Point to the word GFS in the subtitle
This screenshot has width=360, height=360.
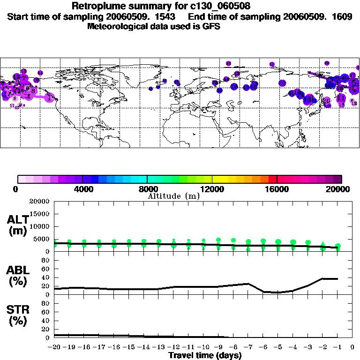tap(211, 26)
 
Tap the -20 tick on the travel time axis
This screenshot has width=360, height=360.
tap(54, 347)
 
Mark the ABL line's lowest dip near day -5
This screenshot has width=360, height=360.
tap(278, 292)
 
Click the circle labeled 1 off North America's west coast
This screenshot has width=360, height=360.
tap(50, 98)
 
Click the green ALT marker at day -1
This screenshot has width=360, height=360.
tap(337, 247)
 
